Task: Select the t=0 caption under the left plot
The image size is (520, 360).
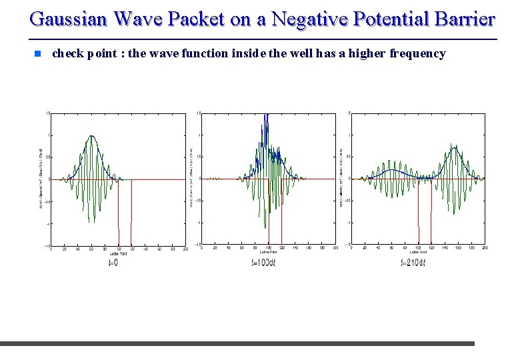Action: (x=113, y=263)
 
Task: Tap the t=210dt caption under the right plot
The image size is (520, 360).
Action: (x=413, y=263)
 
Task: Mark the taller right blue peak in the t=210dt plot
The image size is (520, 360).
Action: (x=455, y=147)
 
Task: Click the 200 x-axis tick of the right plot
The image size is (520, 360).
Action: (x=485, y=249)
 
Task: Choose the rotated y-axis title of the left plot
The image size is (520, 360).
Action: (x=41, y=178)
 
